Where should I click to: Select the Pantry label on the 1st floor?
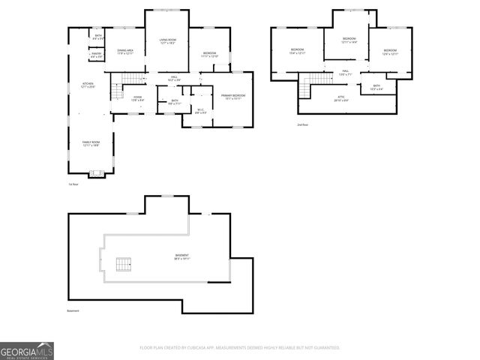point(96,54)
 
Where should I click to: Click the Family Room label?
point(91,144)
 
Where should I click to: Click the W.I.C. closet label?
point(200,111)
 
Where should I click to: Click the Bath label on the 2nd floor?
point(376,87)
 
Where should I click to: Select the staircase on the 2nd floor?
point(305,88)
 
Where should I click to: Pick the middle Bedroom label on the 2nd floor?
point(349,40)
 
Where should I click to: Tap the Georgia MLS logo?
point(27,350)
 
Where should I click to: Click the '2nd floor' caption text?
point(301,124)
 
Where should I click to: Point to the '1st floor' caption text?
point(73,184)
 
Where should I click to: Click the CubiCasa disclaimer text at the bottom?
point(240,347)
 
